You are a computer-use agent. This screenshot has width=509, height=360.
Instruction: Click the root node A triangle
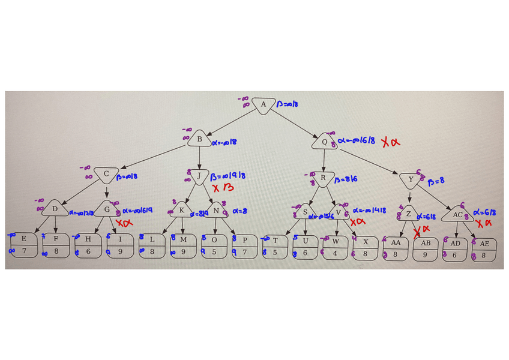pos(263,106)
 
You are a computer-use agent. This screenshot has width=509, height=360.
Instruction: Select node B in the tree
pos(199,140)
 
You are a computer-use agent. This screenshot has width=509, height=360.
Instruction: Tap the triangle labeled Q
pos(325,143)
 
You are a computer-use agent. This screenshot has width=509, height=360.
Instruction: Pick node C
pos(106,175)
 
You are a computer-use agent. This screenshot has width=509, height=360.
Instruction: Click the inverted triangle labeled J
pos(198,176)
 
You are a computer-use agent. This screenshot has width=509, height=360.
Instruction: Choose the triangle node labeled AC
pos(457,214)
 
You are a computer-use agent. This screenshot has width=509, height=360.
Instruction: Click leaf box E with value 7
pos(23,244)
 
